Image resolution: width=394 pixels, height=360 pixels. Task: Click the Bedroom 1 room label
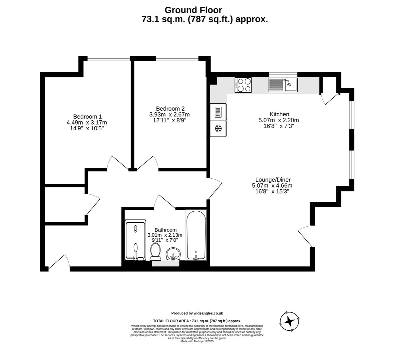[87, 116]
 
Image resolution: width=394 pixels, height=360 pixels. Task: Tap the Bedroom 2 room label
[170, 108]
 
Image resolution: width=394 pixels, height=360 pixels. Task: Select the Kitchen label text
[279, 114]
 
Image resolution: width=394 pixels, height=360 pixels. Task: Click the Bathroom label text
[166, 230]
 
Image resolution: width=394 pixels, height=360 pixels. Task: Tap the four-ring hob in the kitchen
[243, 85]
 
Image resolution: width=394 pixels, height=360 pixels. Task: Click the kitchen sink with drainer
[282, 85]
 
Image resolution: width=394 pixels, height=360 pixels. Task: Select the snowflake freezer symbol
[218, 128]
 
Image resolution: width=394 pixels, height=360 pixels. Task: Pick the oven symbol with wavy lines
[218, 111]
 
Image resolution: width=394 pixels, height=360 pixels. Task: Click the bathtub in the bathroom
[197, 236]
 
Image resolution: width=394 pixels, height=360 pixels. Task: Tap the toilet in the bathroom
[155, 251]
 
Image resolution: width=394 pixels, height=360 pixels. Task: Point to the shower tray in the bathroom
[135, 240]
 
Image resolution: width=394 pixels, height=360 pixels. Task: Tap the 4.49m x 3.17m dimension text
[87, 122]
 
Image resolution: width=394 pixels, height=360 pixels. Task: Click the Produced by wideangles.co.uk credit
[197, 313]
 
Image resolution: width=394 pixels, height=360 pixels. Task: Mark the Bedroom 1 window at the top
[109, 59]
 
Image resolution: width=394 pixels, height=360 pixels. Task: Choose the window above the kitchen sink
[283, 74]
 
